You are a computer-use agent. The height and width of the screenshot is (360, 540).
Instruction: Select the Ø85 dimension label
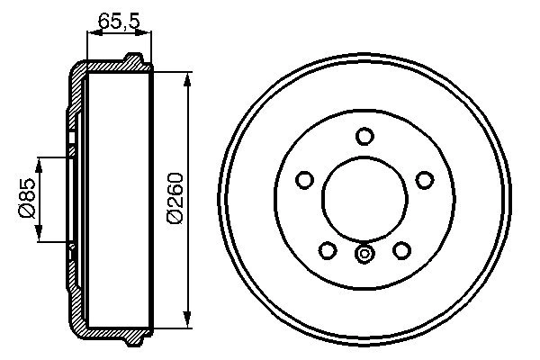27,200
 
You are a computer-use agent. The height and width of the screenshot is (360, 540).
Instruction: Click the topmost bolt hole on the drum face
364,136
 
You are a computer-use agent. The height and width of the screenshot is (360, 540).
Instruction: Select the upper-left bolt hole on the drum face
304,181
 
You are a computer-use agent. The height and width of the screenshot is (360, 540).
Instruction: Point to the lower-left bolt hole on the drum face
328,249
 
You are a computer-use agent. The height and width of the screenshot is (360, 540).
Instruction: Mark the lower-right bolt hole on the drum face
402,249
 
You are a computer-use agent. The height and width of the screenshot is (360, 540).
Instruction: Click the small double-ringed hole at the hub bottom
364,255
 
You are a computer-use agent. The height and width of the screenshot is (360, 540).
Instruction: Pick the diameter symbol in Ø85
27,211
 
